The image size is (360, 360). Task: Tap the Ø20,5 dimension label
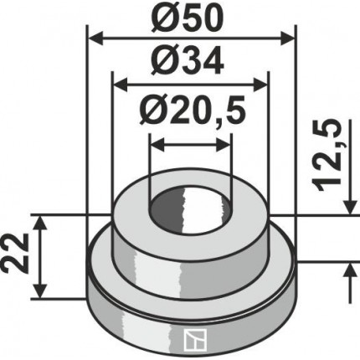pyautogui.click(x=193, y=111)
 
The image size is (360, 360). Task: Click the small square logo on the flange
pyautogui.click(x=195, y=339)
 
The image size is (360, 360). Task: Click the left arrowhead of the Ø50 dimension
pyautogui.click(x=95, y=39)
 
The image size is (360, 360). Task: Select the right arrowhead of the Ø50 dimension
pyautogui.click(x=287, y=39)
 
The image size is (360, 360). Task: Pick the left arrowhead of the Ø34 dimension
pyautogui.click(x=120, y=85)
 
